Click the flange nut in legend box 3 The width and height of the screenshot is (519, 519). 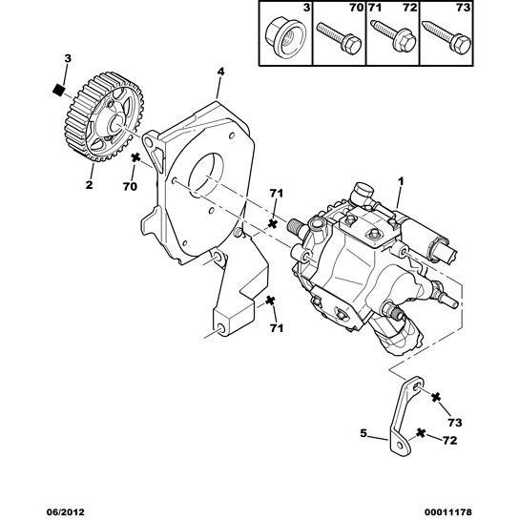(x=285, y=37)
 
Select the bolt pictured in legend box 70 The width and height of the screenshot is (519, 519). (x=339, y=38)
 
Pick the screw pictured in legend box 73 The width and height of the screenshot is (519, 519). (x=446, y=37)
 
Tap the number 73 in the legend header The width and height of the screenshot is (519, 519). (x=463, y=8)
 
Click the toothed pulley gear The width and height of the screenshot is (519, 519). (x=105, y=116)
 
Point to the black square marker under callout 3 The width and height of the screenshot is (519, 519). (x=58, y=90)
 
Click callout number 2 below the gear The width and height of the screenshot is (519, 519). (x=89, y=185)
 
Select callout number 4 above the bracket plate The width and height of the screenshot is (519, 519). (x=220, y=72)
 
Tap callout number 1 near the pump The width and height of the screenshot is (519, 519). (x=401, y=181)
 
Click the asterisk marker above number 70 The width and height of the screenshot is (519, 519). (x=135, y=158)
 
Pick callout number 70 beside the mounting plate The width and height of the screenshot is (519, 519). (x=130, y=186)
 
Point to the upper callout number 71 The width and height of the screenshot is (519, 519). (x=277, y=194)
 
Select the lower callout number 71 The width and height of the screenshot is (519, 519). (x=277, y=328)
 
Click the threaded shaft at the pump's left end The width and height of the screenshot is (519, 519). (x=294, y=228)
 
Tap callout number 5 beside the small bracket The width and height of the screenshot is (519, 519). (x=363, y=433)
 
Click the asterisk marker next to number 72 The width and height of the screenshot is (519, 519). (x=421, y=433)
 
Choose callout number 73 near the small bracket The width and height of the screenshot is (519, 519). (x=455, y=423)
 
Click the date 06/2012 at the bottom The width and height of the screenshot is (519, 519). (x=65, y=512)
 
